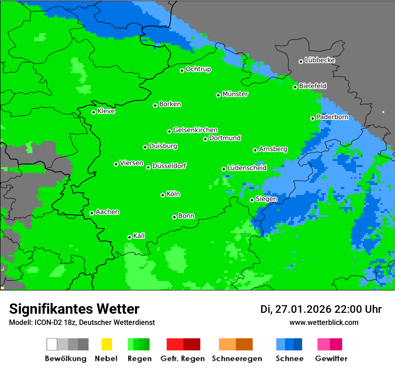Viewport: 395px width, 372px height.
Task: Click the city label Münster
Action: point(235,94)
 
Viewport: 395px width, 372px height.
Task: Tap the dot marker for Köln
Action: point(162,195)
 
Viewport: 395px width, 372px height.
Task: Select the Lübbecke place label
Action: point(320,60)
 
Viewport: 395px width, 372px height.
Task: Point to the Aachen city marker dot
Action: point(92,213)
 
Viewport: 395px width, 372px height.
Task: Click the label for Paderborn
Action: point(332,117)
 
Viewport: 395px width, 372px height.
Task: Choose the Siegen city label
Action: point(266,199)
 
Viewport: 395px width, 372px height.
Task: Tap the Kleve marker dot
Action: point(93,112)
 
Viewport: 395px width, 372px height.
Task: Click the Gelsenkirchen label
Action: point(195,130)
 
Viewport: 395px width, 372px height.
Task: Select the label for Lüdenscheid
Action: point(247,168)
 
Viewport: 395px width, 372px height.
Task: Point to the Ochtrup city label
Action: point(198,69)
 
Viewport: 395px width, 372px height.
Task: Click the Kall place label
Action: point(139,236)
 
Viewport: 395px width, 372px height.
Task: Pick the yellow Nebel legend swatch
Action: point(106,344)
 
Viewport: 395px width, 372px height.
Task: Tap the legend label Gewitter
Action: point(331,359)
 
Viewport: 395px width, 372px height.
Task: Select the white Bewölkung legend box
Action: point(52,344)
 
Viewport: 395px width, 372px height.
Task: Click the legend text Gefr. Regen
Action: point(183,359)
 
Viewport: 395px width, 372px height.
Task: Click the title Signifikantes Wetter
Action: point(74,309)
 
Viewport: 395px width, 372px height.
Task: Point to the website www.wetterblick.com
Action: point(324,322)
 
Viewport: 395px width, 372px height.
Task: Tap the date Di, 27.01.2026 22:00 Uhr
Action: point(321,309)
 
